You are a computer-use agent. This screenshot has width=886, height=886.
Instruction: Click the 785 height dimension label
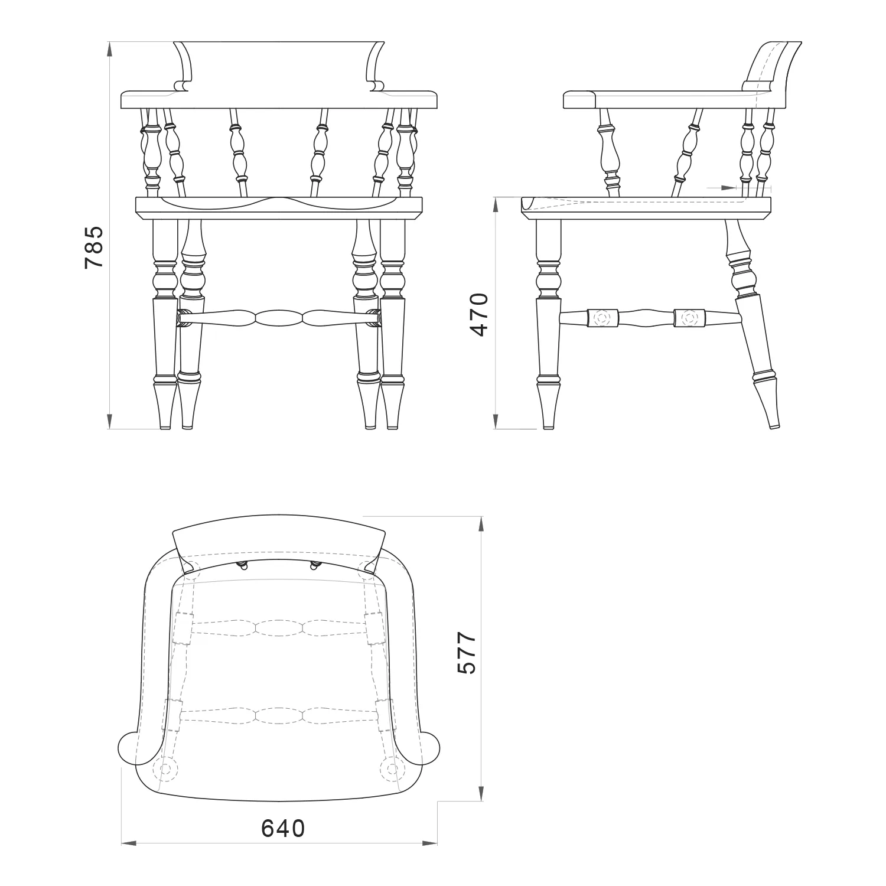pos(95,247)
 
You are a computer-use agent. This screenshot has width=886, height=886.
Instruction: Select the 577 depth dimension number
pos(467,653)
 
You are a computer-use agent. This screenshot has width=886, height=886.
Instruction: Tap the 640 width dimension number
pos(283,828)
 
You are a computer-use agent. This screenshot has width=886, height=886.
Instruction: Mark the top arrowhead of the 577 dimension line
pos(482,525)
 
